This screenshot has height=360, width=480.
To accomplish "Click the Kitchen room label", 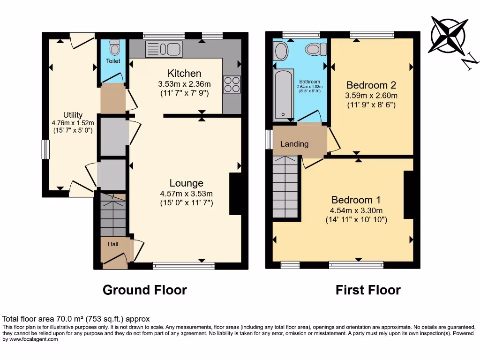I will tap(185, 74).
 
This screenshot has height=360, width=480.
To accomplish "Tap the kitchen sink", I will tap(164, 49).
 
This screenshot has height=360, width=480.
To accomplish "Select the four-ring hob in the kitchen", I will tap(232, 84).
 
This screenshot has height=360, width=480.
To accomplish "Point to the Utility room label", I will tap(73, 115).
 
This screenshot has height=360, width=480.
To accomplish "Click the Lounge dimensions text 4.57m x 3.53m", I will tap(187, 194).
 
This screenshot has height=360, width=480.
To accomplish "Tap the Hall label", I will tap(113, 244).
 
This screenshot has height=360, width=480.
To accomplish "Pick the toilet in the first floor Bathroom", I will tap(316, 48).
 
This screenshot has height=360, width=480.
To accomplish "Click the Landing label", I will tap(294, 144).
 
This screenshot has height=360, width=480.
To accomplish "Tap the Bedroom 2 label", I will tap(371, 85).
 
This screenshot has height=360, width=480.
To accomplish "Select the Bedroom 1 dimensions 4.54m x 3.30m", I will tap(357, 210).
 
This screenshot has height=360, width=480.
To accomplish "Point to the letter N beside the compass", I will tap(470, 61).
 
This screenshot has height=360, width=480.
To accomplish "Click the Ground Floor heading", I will tap(144, 290).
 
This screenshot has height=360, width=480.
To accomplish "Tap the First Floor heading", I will tap(368, 290).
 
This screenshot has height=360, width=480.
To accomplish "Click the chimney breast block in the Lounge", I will tap(235, 194).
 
